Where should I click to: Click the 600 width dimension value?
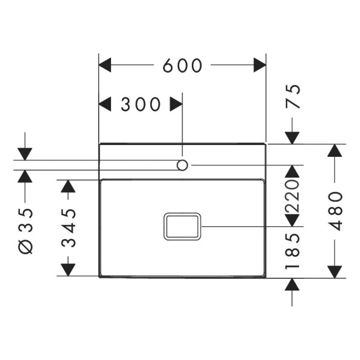[x=182, y=65]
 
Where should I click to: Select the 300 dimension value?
[x=140, y=104]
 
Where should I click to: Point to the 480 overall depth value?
[x=335, y=211]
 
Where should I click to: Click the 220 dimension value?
[x=292, y=196]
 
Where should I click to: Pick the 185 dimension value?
[x=292, y=251]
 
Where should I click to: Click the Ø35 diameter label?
[x=25, y=230]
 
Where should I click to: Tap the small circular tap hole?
[x=182, y=165]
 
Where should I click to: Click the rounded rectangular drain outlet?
[x=182, y=226]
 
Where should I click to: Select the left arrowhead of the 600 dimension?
[x=105, y=65]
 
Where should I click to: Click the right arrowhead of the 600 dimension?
[x=260, y=65]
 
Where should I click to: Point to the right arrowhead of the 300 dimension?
[x=176, y=104]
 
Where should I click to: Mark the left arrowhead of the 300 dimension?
[x=105, y=104]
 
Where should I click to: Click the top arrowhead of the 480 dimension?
[x=335, y=150]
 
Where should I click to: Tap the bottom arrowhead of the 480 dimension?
[x=335, y=271]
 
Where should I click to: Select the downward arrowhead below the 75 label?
[x=292, y=137]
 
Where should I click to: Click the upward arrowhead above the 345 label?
[x=68, y=186]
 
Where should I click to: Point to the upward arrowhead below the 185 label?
[x=292, y=284]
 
